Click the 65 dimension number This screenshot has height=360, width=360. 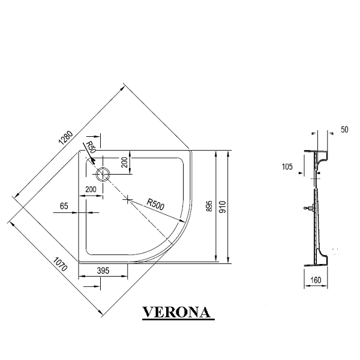click(x=64, y=206)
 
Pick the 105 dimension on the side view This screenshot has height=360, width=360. click(x=287, y=167)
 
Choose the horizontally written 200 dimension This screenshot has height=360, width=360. click(x=91, y=190)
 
